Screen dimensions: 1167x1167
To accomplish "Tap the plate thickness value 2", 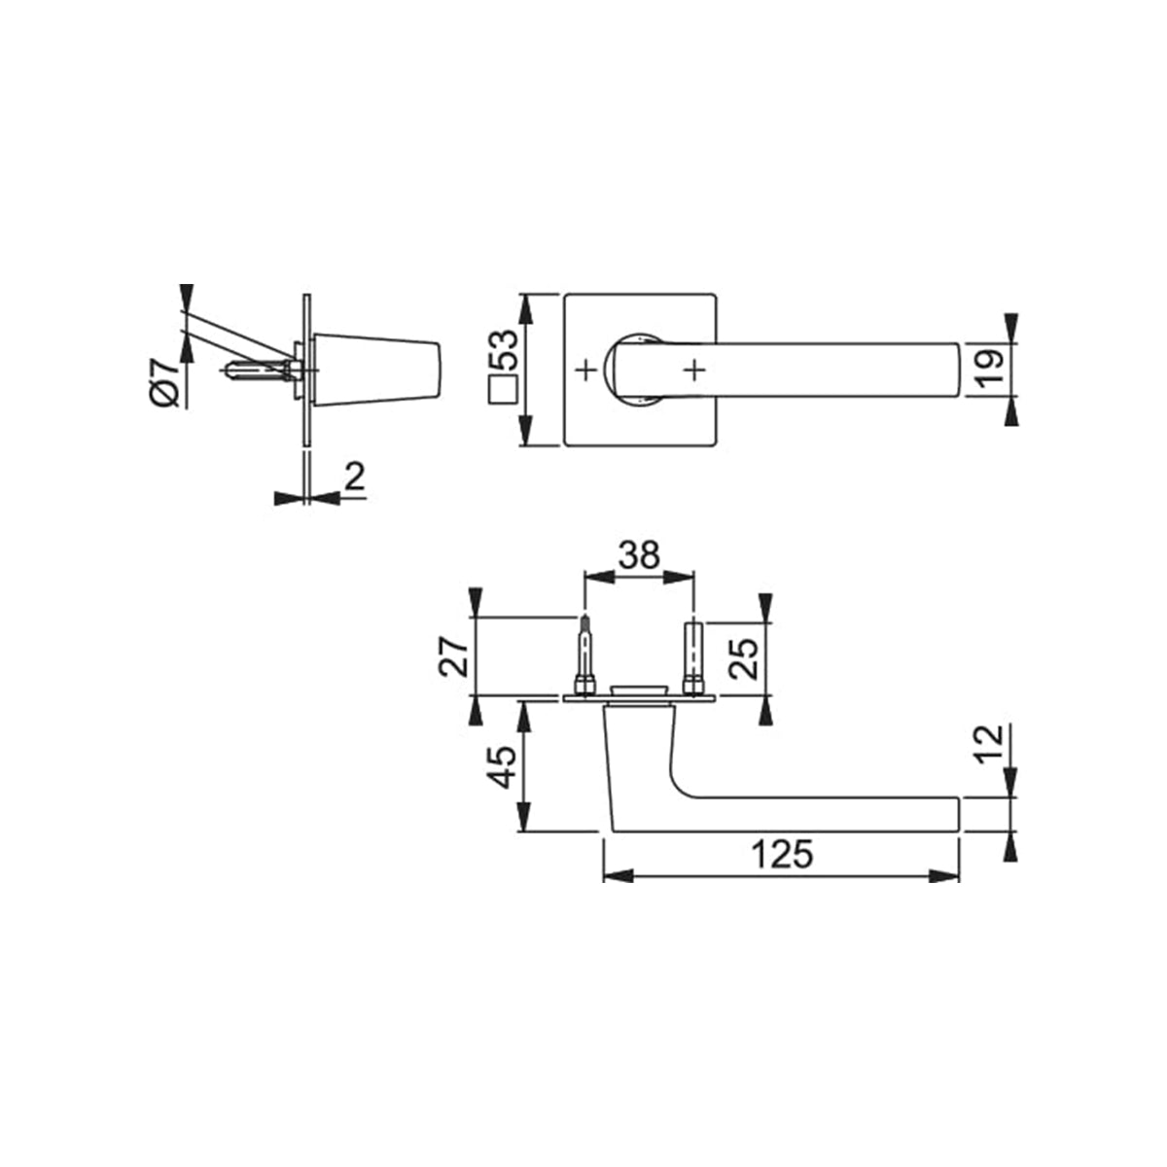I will tap(354, 476).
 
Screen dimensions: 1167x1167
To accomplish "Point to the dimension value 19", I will tap(989, 370).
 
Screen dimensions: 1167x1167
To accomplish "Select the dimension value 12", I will tap(988, 745).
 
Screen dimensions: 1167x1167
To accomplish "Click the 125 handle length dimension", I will tap(781, 855).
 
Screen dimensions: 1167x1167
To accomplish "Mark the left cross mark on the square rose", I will tap(584, 370).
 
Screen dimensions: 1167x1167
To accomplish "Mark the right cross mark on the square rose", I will tap(693, 370).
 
